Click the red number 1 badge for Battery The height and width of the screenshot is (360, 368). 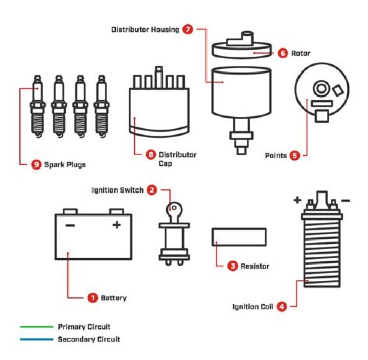[x=93, y=297]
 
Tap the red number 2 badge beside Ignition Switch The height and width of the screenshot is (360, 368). [x=152, y=190]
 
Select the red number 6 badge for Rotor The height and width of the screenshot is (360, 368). [x=283, y=53]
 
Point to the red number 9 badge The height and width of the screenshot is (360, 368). [x=36, y=165]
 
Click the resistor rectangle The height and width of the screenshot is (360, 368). [x=239, y=237]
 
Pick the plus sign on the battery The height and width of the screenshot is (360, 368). [x=117, y=225]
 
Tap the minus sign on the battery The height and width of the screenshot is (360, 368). [x=70, y=225]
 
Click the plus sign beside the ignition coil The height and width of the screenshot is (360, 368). [x=297, y=200]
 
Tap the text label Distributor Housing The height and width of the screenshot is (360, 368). [x=145, y=30]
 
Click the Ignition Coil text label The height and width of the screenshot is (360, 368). [x=253, y=307]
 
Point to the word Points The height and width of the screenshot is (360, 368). [x=276, y=155]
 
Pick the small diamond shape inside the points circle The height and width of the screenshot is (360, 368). [x=338, y=90]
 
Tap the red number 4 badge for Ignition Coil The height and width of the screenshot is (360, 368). [x=281, y=307]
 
